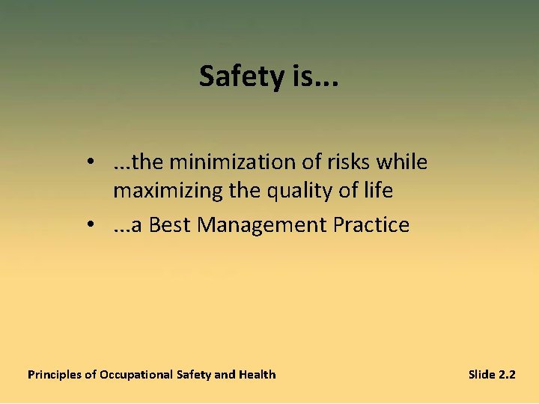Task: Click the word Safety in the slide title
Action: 236,76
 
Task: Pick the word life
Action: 377,191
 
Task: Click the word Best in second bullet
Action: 170,225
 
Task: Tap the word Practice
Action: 371,225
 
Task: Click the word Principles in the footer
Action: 54,374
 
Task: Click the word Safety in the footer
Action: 194,374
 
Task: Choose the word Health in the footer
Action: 257,374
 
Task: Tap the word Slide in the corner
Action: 481,374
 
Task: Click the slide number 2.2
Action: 507,374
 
